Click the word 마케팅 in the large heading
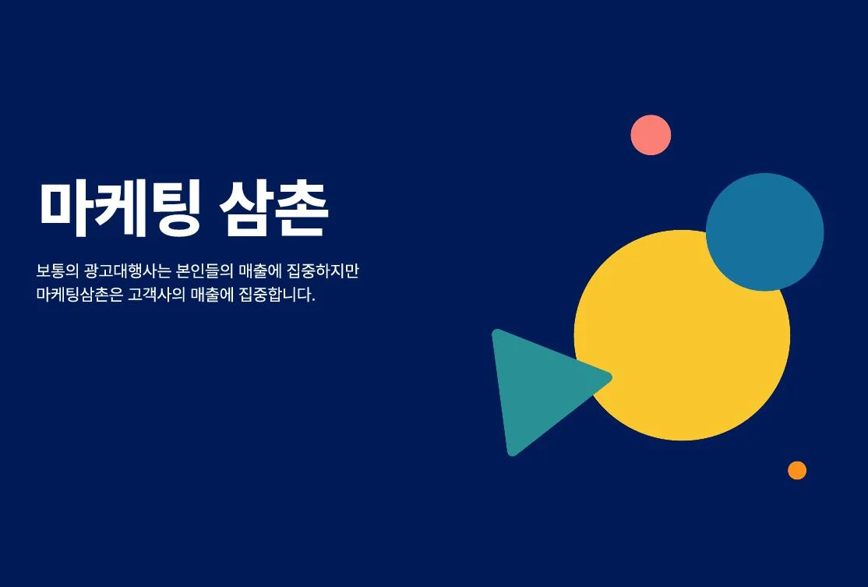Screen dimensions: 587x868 coord(119,208)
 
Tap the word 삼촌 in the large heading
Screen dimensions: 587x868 coord(273,208)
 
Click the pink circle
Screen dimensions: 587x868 coord(651,135)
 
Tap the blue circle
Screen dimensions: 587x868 coord(764,232)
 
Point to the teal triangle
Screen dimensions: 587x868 coord(538,386)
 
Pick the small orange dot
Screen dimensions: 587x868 coord(796,470)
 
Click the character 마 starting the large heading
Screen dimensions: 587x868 coord(65,208)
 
